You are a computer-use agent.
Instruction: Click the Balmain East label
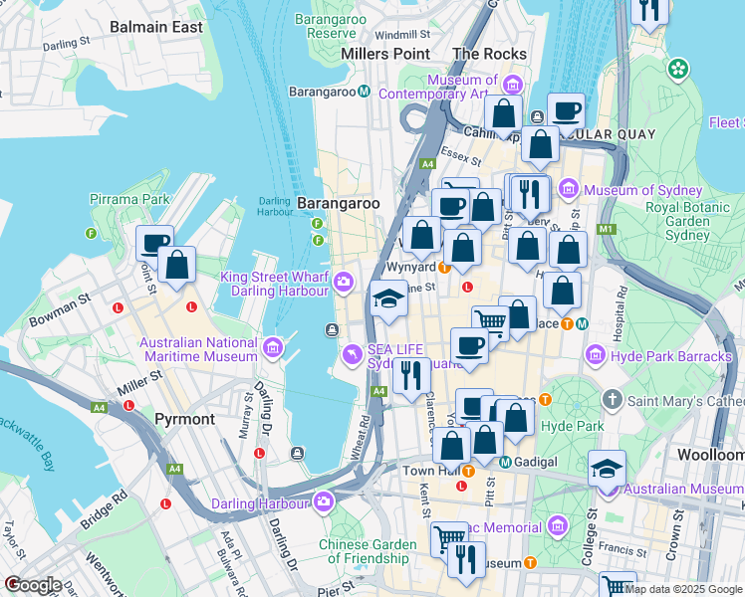tap(156, 27)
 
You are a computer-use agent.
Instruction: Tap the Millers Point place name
tap(385, 54)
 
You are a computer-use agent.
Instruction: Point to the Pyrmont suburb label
tap(184, 419)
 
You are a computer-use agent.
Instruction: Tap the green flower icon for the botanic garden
tap(678, 69)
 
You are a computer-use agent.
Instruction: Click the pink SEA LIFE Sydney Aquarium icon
tap(352, 355)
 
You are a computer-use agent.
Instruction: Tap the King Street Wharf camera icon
tap(344, 283)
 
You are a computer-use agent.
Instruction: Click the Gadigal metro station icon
tap(505, 462)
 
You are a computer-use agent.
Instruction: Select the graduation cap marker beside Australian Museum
tap(607, 469)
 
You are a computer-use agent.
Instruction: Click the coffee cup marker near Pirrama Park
tap(154, 243)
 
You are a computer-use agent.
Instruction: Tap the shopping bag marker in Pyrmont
tap(177, 266)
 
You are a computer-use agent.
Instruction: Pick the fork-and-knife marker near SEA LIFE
tap(410, 375)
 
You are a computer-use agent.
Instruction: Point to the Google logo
tap(32, 585)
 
